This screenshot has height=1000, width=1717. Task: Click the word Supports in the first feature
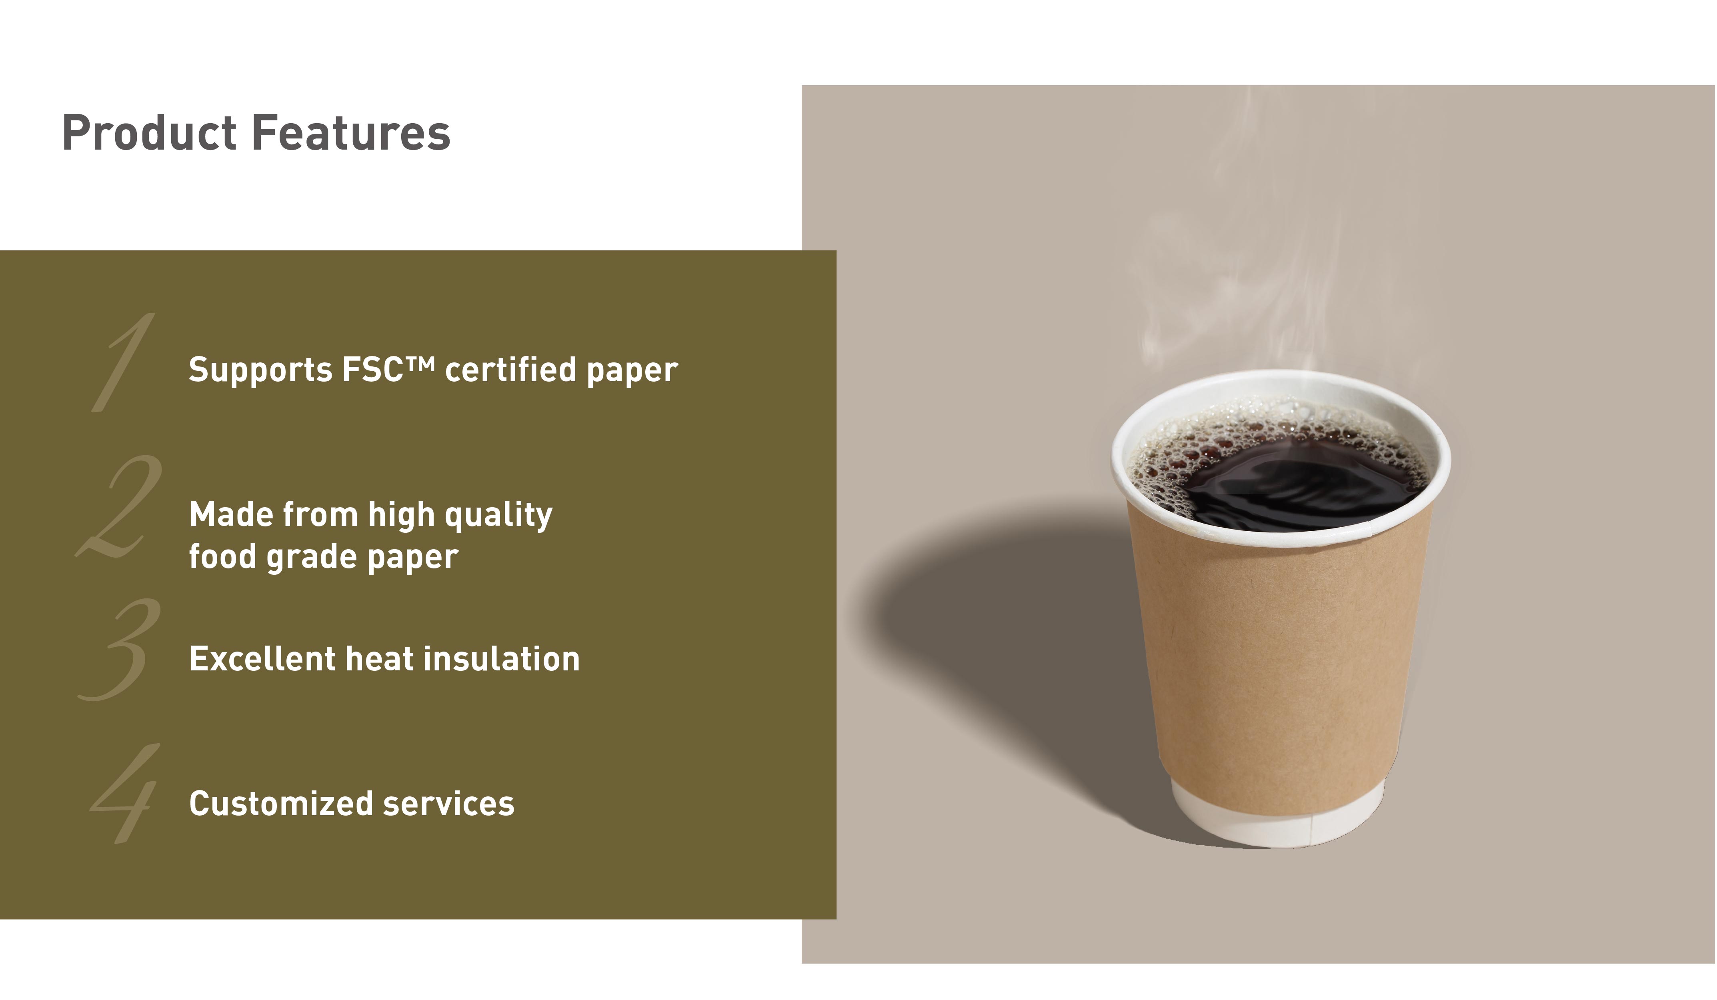coord(260,370)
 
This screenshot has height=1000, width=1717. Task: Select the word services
coord(448,804)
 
